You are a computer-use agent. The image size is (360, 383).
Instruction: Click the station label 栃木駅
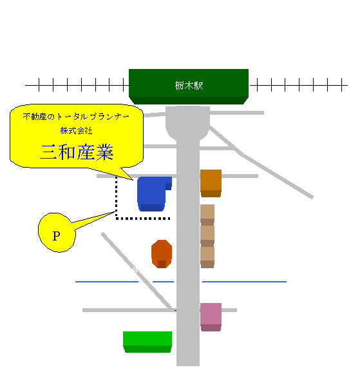189,86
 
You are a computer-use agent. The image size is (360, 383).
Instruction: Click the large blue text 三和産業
77,152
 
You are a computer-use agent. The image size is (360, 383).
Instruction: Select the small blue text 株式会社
77,131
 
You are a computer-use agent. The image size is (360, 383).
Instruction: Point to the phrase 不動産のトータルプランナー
76,117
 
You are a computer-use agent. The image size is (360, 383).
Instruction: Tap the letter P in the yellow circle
56,236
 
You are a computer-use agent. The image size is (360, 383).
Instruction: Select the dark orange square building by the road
211,183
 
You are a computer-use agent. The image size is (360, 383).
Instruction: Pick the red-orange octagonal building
162,254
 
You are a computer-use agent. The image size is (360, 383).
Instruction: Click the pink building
211,317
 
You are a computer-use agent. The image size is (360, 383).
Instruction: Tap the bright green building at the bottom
147,342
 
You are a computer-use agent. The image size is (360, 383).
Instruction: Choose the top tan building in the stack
207,215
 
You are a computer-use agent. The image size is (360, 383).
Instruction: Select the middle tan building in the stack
207,236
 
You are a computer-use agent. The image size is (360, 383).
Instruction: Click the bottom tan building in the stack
207,257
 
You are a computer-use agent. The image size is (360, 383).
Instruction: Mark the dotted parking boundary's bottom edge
143,219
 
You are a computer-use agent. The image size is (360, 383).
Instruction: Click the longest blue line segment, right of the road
244,282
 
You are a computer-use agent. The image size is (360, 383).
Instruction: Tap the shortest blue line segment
163,282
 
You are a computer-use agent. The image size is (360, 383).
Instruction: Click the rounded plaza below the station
187,123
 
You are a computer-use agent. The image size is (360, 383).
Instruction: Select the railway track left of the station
77,85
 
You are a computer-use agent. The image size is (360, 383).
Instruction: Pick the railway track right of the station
299,85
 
